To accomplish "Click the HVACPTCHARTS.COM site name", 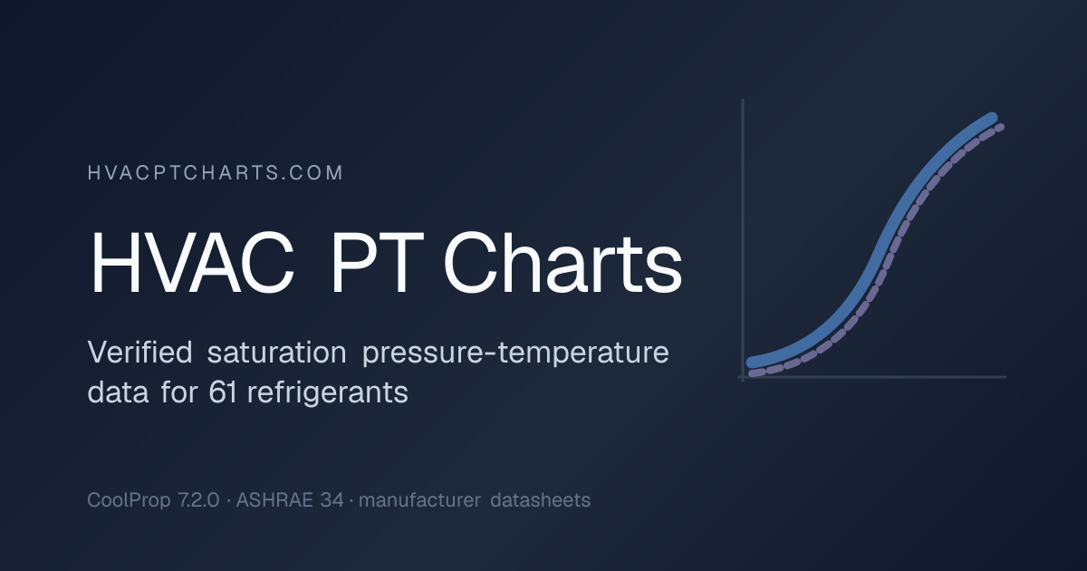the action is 216,173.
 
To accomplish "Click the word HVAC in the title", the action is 192,263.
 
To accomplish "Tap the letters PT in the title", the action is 377,263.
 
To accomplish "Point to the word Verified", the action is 139,352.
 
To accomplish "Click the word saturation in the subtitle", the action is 276,352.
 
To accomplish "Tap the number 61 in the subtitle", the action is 223,392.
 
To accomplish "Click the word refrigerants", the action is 328,393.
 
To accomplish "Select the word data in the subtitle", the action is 118,392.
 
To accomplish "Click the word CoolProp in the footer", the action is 129,500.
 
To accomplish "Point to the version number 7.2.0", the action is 198,500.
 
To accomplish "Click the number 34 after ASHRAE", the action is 332,500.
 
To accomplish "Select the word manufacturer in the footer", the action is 419,500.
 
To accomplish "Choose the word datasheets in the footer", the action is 540,500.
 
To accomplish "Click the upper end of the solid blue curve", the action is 991,119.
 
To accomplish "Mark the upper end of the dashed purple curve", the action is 1000,127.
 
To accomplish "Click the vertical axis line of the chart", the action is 743,240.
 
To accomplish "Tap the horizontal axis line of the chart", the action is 872,377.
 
